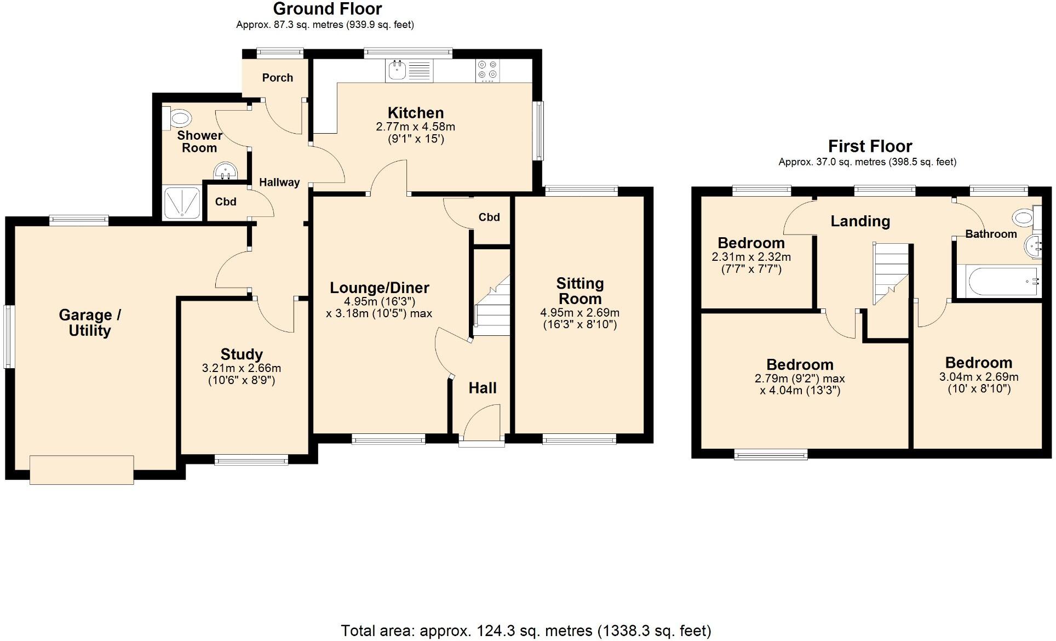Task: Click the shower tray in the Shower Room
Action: tap(182, 203)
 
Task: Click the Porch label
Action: tap(277, 78)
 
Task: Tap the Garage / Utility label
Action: tap(90, 323)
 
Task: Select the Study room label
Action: tap(242, 354)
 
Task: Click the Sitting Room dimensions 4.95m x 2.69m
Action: tap(579, 313)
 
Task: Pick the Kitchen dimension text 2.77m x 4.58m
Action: tap(415, 127)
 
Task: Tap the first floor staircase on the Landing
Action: tap(890, 273)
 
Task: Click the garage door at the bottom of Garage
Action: tap(82, 470)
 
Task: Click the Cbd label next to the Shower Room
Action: tap(225, 202)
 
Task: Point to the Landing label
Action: tap(860, 221)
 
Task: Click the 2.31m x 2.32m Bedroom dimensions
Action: tap(751, 257)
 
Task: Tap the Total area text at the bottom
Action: tap(526, 631)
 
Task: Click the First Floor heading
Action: tap(870, 146)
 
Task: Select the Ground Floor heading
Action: tap(327, 9)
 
